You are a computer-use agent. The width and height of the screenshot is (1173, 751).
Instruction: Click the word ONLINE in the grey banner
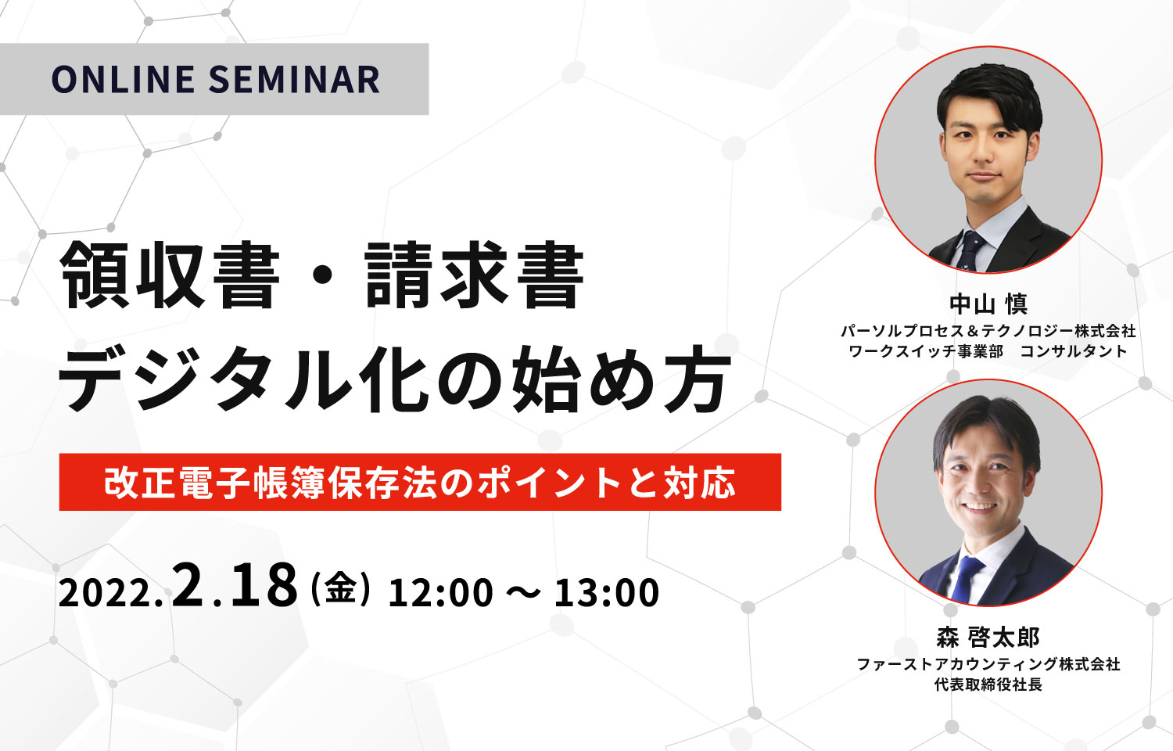pos(123,80)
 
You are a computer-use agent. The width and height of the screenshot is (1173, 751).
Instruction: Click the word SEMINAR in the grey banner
pos(294,80)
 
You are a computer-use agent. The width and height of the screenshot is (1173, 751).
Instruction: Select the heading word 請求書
pos(475,275)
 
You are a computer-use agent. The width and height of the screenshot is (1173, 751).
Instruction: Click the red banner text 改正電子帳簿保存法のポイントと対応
pos(420,483)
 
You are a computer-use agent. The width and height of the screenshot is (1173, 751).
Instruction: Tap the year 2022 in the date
pos(106,594)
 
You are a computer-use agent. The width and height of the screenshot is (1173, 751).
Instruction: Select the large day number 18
pos(264,585)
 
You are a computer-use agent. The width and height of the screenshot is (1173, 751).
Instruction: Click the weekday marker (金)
pos(340,590)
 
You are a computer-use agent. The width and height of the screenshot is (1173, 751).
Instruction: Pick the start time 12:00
pos(440,593)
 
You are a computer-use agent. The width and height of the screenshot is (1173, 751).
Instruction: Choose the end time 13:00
pos(606,593)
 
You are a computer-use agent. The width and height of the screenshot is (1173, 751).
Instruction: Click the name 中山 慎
pos(988,304)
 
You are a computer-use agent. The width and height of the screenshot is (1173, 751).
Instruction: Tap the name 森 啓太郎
pos(988,638)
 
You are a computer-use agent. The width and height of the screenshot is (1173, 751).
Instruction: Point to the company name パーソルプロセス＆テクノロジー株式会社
pos(988,331)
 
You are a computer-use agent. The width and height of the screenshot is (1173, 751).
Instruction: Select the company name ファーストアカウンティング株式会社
pos(988,665)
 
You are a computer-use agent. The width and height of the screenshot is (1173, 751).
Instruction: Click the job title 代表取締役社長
pos(988,685)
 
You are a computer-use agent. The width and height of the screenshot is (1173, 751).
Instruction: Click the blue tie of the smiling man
pos(964,579)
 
